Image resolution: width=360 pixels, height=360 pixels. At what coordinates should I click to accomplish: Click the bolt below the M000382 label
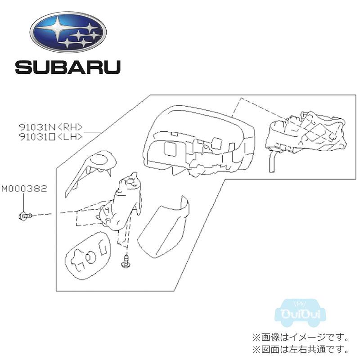point(25,216)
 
